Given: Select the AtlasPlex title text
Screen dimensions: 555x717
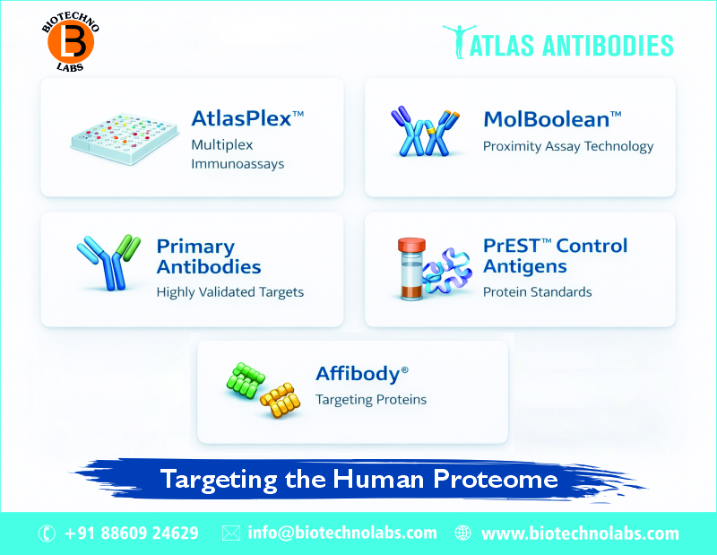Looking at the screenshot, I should (247, 118).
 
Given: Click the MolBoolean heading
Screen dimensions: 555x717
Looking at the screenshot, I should (552, 118).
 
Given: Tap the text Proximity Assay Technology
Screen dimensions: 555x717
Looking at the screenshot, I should (568, 146).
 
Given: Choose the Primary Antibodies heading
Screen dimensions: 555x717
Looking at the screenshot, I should (209, 256).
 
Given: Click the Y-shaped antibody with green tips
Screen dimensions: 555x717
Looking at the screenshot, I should (109, 263).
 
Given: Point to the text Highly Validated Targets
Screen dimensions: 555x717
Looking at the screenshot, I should (230, 292).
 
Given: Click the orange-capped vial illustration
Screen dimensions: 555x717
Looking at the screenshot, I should (411, 268).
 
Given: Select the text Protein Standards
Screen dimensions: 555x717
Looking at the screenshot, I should (538, 292).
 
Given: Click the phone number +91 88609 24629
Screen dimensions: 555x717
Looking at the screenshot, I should (132, 533).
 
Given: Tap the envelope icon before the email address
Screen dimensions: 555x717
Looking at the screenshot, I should (230, 533).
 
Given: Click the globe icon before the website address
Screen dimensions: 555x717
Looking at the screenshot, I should (462, 533).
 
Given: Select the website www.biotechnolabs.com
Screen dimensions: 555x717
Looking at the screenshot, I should (580, 533).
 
